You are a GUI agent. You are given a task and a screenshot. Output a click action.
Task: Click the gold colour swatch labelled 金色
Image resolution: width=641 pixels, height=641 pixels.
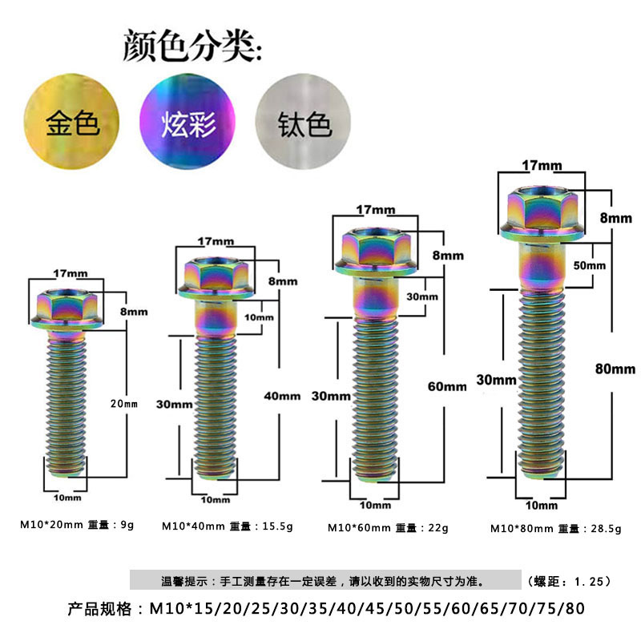tap(72, 122)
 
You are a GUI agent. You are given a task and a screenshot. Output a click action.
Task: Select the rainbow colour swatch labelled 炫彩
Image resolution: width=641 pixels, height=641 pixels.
tap(187, 122)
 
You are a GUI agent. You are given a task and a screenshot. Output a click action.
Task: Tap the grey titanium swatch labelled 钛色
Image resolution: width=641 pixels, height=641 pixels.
tap(304, 122)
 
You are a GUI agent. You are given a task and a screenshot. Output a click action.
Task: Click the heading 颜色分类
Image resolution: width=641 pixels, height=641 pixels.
tap(192, 46)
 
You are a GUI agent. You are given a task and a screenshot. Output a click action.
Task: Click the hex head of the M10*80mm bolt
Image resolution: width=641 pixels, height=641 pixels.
tap(542, 212)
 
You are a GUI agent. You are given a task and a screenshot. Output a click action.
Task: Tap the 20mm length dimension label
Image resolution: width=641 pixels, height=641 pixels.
tap(124, 404)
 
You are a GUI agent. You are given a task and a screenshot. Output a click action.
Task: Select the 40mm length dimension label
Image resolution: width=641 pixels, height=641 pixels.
tap(282, 396)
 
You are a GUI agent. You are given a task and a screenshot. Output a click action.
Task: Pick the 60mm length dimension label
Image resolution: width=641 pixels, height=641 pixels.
tap(447, 386)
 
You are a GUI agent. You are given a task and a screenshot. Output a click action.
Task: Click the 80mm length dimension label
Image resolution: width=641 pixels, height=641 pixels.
tap(615, 369)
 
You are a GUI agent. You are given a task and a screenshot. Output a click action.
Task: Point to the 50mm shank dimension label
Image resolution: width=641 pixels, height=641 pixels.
tap(589, 265)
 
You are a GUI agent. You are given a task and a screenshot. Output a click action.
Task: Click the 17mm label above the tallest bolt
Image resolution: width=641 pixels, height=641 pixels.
tap(542, 166)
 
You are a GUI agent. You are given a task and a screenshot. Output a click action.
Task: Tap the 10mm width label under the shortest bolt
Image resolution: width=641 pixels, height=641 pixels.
tap(67, 498)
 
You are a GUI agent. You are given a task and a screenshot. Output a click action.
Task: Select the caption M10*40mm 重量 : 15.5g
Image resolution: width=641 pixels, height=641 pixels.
tap(228, 526)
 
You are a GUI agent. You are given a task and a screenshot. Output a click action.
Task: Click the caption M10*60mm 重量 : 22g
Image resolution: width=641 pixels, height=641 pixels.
tap(388, 528)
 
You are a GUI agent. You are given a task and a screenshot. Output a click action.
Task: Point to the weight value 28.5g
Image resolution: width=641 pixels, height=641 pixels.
tap(606, 529)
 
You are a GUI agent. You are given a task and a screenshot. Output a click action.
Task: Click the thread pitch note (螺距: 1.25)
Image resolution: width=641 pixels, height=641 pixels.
tap(569, 582)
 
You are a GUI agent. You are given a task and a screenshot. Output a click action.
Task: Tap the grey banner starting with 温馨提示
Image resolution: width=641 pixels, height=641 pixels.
tap(325, 579)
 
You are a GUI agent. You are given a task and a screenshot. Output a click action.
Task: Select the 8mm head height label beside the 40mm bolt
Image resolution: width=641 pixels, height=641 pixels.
tap(283, 281)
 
